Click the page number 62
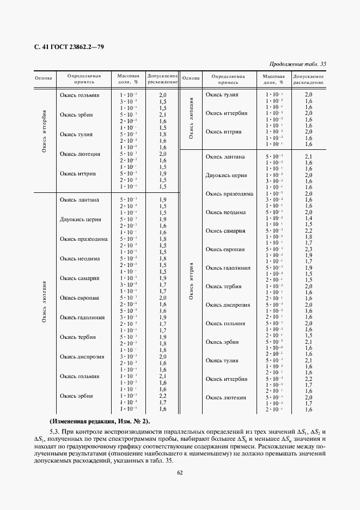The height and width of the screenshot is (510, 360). click(x=180, y=472)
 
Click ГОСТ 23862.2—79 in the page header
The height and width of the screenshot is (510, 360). click(x=73, y=47)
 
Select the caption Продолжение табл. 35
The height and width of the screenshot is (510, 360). click(x=298, y=64)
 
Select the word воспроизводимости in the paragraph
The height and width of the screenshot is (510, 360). click(x=132, y=431)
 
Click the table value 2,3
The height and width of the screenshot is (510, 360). click(x=308, y=249)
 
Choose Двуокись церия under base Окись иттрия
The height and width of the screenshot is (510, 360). click(x=226, y=175)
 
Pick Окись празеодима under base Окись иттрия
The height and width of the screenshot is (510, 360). click(x=229, y=194)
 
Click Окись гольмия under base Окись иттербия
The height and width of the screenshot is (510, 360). click(x=80, y=95)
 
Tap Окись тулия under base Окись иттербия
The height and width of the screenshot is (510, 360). click(x=76, y=134)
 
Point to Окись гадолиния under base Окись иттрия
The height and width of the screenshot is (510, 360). click(x=228, y=268)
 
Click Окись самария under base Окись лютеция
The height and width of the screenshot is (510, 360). click(x=80, y=278)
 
